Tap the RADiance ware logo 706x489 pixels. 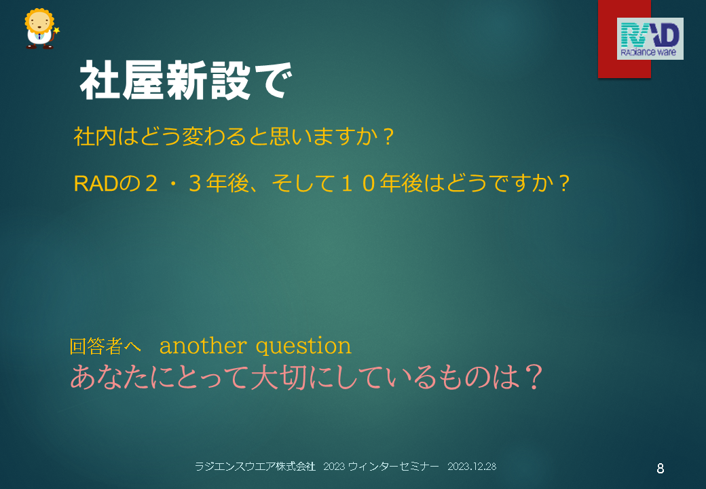(x=650, y=39)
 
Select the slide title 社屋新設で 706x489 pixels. (x=186, y=81)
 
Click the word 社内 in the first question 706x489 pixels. (x=95, y=137)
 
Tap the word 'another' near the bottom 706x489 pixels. (x=203, y=346)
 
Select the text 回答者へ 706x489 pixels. (x=105, y=346)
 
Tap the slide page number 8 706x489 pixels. (x=660, y=469)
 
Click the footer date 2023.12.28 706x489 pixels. (x=472, y=467)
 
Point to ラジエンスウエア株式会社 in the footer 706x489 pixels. (x=255, y=467)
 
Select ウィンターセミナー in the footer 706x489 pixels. (x=394, y=467)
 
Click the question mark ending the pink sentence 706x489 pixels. (x=534, y=378)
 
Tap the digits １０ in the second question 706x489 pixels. (x=358, y=183)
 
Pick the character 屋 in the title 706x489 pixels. (x=143, y=81)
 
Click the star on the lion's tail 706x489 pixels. (x=56, y=31)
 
